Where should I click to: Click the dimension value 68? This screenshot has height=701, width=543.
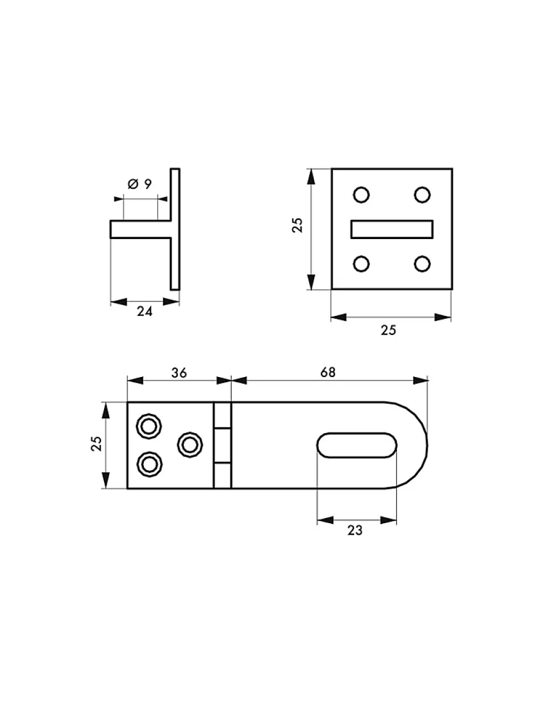pyautogui.click(x=328, y=372)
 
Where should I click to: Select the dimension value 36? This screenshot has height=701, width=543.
pyautogui.click(x=178, y=372)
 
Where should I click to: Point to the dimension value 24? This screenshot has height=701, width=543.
pyautogui.click(x=144, y=311)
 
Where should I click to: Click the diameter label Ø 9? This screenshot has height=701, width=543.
pyautogui.click(x=140, y=184)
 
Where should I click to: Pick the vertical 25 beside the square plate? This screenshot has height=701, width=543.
pyautogui.click(x=297, y=226)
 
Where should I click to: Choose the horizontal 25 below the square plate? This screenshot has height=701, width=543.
pyautogui.click(x=388, y=330)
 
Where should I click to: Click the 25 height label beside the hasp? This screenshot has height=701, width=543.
pyautogui.click(x=96, y=443)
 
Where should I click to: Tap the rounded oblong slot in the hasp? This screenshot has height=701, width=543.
pyautogui.click(x=356, y=445)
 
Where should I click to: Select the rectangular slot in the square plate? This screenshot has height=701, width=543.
pyautogui.click(x=392, y=230)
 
